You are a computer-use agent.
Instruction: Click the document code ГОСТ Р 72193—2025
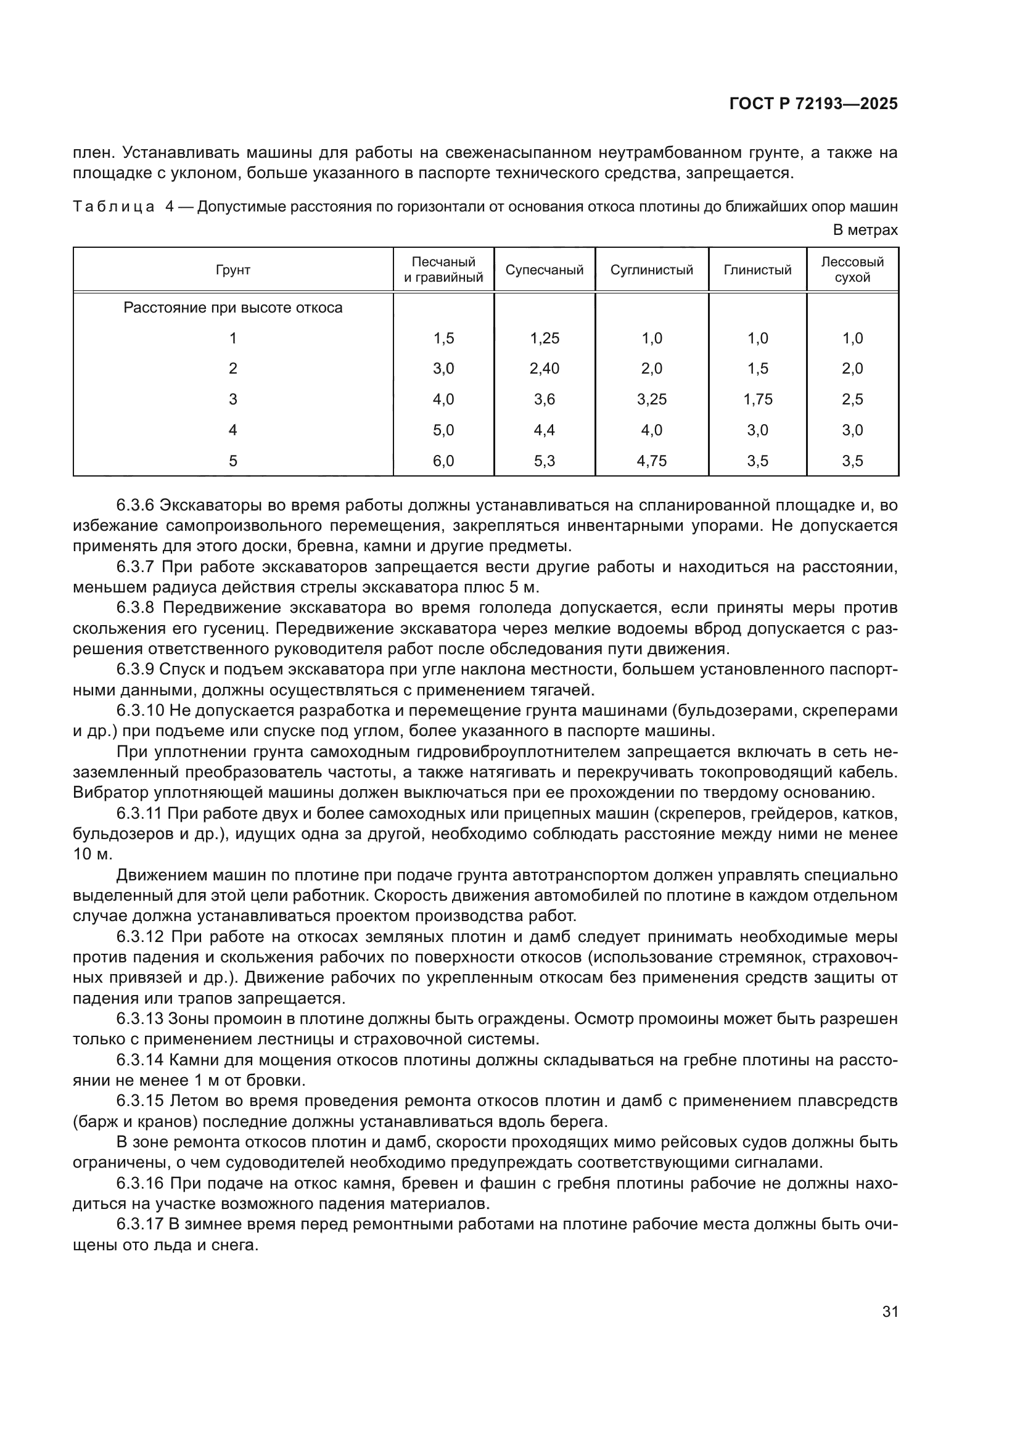coord(813,104)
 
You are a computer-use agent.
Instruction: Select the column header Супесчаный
coord(544,270)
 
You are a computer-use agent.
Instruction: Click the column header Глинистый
coord(757,270)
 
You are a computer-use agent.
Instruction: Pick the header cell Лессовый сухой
coord(852,270)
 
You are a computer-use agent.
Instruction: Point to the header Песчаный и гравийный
coord(443,270)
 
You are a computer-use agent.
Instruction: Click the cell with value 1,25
coord(544,338)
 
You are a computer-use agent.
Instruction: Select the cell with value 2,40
coord(544,369)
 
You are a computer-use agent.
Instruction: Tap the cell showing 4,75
coord(651,461)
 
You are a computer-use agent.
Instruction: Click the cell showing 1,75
coord(757,399)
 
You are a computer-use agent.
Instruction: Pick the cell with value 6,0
coord(443,461)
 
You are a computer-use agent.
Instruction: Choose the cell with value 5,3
coord(544,461)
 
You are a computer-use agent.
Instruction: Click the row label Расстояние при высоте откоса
coord(232,308)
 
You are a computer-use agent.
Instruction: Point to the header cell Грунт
coord(232,270)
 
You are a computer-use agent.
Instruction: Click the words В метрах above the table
coord(865,231)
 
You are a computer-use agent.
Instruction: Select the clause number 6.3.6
coord(136,505)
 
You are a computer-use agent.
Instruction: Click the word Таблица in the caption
coord(113,207)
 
